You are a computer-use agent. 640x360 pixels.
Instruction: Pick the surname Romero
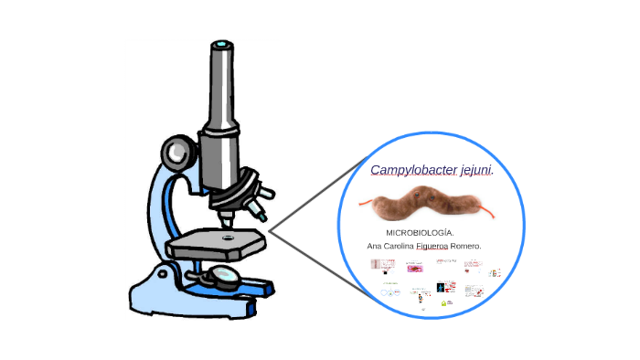[465, 247]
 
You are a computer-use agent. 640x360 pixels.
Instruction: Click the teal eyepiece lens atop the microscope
[220, 44]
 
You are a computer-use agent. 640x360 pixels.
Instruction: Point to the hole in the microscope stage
[227, 237]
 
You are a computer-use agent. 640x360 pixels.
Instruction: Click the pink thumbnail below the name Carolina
[416, 269]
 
